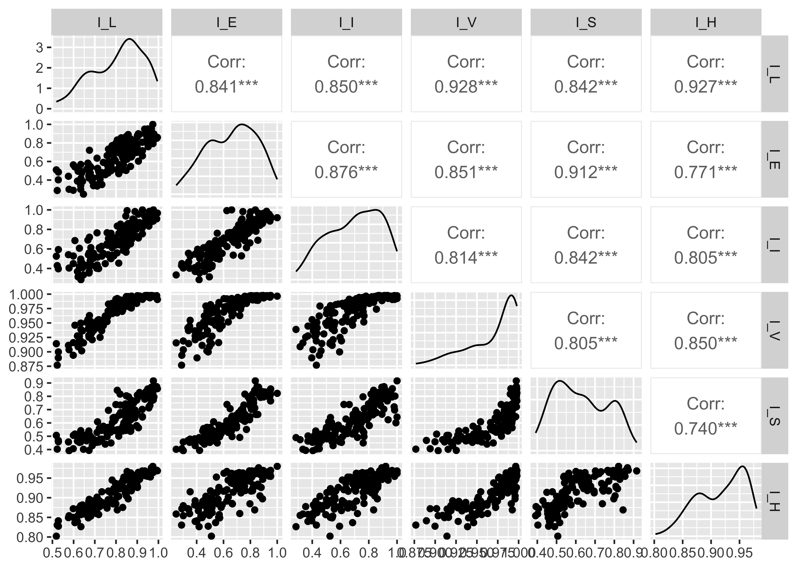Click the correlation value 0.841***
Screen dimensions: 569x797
point(226,86)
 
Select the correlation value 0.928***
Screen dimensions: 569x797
point(466,86)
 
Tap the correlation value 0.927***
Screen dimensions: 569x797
point(706,86)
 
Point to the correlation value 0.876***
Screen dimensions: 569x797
point(346,172)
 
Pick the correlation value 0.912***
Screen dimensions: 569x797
point(586,172)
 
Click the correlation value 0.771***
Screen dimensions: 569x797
point(706,172)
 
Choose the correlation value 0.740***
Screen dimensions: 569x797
point(706,428)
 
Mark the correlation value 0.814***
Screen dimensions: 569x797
point(466,258)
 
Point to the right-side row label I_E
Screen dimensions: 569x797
point(775,160)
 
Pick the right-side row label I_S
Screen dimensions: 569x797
point(775,416)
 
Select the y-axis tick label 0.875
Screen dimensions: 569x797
point(27,366)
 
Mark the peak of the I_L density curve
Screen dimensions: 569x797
point(129,39)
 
